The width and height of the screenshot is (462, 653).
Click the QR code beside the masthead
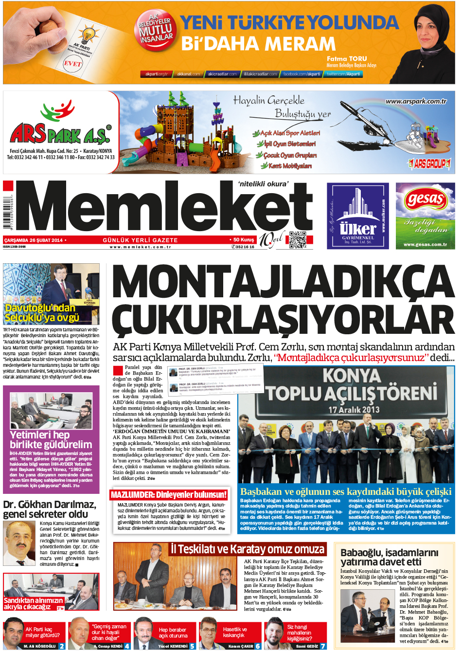coord(298,240)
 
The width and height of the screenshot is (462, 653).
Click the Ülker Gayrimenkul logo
coord(358,216)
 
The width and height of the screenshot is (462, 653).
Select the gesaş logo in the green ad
coord(426,199)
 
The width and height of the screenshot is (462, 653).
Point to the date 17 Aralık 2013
coord(354,409)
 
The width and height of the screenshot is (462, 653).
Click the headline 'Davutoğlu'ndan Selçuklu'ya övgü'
coord(42,313)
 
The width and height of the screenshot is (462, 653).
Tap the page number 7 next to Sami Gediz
coord(323,646)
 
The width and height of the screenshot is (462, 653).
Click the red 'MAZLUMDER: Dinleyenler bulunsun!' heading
coord(169,495)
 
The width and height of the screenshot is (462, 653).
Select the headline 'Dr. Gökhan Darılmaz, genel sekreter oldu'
coord(50,509)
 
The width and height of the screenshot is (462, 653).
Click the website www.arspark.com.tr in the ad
coord(416,101)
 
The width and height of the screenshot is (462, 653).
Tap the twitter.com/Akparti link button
coord(343,74)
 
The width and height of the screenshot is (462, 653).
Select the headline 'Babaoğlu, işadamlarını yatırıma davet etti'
coord(389,557)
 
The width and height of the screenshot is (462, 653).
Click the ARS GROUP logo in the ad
coord(429,163)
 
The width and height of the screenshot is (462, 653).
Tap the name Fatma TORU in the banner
coord(347,58)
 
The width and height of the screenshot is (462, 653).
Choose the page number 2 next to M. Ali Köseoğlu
coord(62,646)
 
